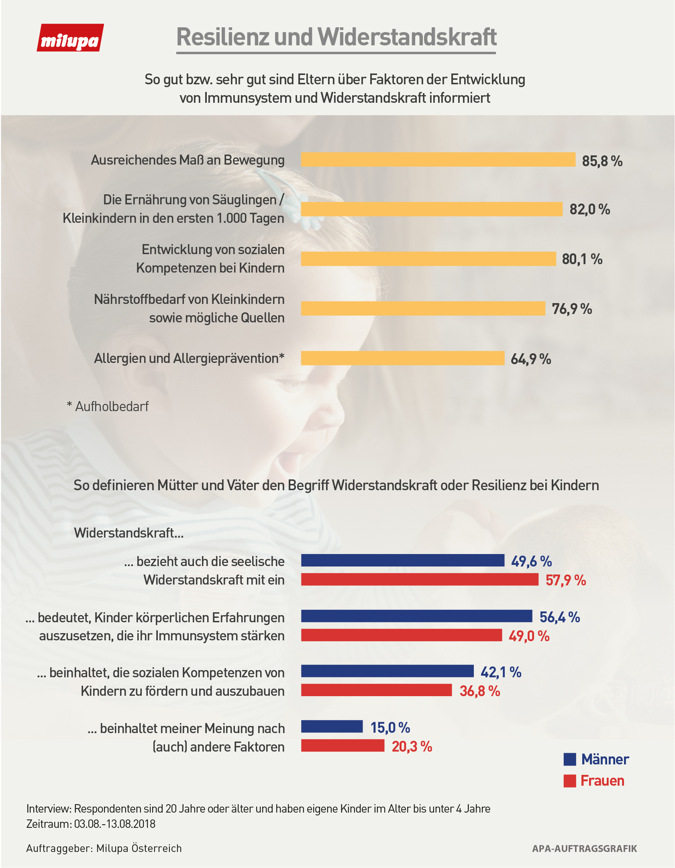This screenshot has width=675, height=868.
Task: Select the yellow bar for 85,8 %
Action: coord(438,159)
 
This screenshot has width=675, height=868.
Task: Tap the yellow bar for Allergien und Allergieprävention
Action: coord(402,358)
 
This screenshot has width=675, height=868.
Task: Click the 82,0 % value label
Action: coord(589,209)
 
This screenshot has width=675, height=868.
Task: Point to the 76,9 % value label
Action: coord(572,309)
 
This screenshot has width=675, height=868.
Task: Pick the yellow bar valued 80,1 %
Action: coord(428,259)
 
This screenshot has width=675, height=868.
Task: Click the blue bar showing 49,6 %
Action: coord(402,560)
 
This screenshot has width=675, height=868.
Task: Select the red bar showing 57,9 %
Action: coord(419,579)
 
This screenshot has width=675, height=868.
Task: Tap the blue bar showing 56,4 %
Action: coord(416,616)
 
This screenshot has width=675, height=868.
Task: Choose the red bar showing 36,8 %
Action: coord(376,690)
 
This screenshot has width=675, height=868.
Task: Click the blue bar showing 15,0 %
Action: coord(332,726)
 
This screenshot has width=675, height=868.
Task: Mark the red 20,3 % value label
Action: coord(412,746)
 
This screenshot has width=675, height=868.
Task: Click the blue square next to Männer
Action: coord(570,759)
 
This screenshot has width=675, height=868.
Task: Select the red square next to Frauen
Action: coord(570,781)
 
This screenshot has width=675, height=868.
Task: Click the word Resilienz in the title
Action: coord(222,37)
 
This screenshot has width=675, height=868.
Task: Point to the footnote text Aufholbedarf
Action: coord(112,406)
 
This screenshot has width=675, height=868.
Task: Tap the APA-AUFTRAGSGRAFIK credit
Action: coord(584,848)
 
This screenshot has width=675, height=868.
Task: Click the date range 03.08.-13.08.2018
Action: coord(115,824)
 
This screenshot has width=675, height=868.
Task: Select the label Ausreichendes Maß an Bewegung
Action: coord(188,160)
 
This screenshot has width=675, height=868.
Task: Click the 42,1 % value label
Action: coord(501,672)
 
